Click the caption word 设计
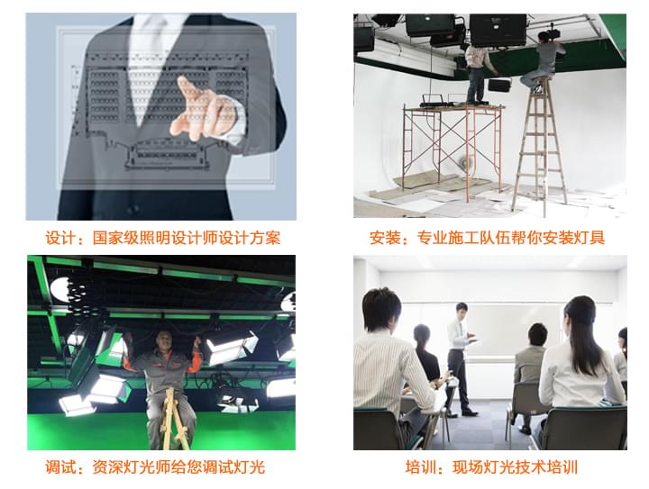tap(59, 239)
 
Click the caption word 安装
tap(385, 239)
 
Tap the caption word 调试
tap(59, 467)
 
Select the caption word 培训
tap(420, 467)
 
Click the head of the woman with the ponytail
tap(580, 315)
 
